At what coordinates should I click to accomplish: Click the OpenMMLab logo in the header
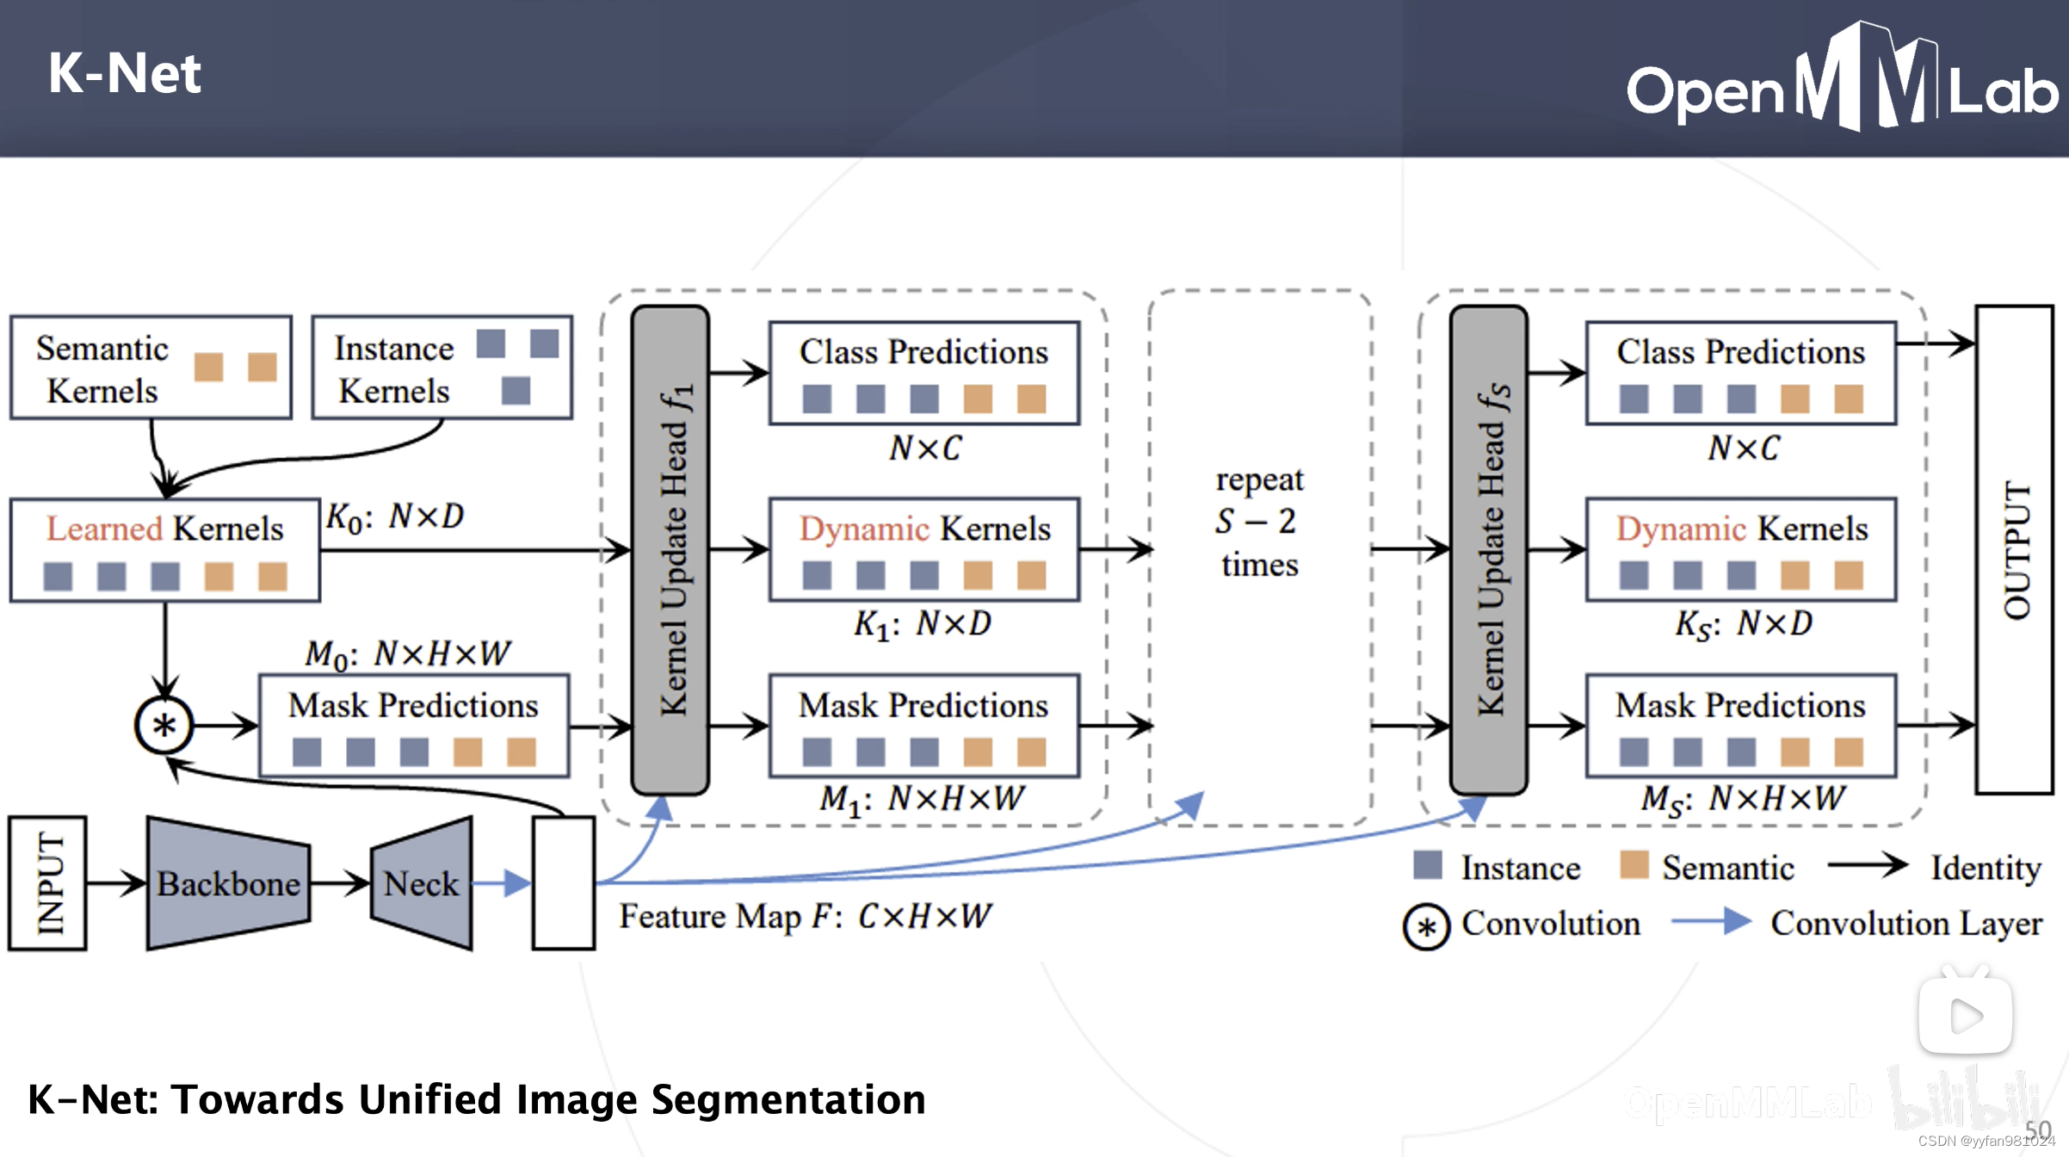(x=1842, y=82)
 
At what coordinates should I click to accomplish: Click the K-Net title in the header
(x=124, y=73)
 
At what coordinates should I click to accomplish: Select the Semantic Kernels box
(x=151, y=368)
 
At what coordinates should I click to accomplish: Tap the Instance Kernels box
(x=442, y=368)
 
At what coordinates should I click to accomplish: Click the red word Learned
(x=103, y=529)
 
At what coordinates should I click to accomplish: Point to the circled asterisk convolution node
(x=164, y=725)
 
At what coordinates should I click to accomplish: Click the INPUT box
(x=48, y=883)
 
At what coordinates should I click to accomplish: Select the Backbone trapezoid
(x=228, y=883)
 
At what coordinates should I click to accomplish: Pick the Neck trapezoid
(x=422, y=883)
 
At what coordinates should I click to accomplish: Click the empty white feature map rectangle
(x=564, y=883)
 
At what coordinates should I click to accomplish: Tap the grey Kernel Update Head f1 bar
(x=670, y=551)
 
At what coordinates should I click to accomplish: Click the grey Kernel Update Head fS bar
(x=1489, y=551)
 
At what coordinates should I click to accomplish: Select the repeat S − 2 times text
(x=1259, y=522)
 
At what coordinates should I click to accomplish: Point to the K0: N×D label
(x=395, y=517)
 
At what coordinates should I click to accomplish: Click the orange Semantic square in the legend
(x=1634, y=865)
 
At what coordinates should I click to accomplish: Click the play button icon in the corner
(x=1965, y=1016)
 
